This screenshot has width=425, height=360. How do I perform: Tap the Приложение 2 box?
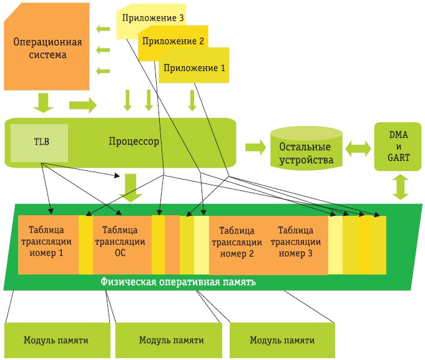pyautogui.click(x=173, y=42)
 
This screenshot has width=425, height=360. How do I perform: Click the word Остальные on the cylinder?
pyautogui.click(x=305, y=147)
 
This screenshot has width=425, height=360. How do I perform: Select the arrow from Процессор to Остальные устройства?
pyautogui.click(x=255, y=147)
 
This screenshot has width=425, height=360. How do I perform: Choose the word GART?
pyautogui.click(x=399, y=158)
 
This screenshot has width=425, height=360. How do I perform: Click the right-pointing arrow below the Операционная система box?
pyautogui.click(x=83, y=105)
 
